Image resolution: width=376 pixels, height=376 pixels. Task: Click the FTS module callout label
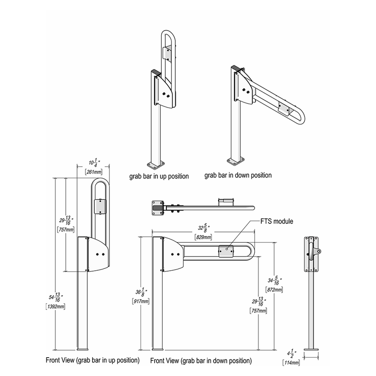[277, 221]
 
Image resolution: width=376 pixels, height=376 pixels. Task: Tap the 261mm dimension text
[94, 172]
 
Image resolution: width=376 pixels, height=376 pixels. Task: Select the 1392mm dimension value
[55, 306]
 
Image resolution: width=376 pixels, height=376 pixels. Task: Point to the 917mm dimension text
[141, 301]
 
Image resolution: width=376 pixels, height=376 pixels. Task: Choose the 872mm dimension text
[274, 290]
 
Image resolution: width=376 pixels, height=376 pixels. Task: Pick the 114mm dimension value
[291, 362]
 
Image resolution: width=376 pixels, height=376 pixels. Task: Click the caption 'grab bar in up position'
[159, 177]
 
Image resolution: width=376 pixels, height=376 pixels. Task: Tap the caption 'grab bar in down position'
[238, 175]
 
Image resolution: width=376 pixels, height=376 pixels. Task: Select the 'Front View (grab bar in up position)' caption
[93, 360]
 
